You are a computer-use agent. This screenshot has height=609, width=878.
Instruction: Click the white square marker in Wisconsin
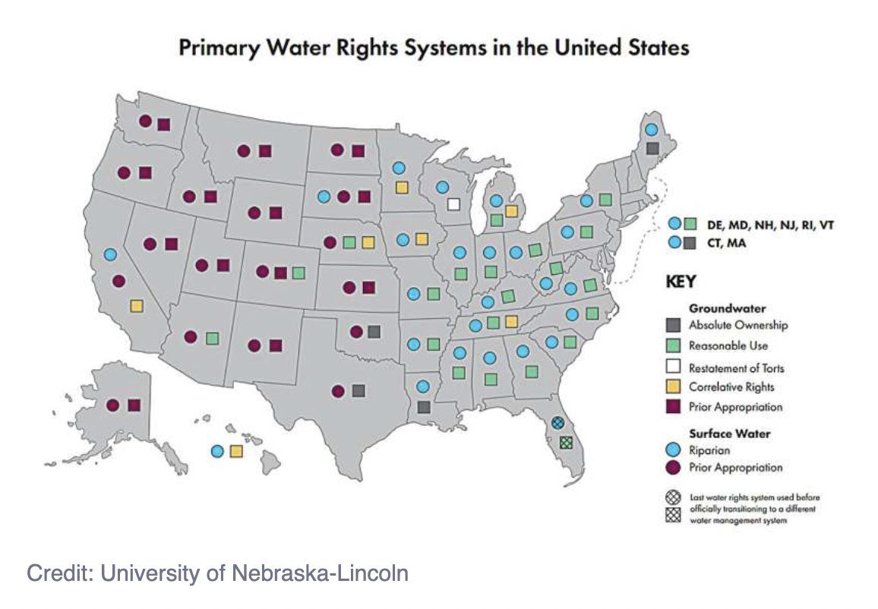453,204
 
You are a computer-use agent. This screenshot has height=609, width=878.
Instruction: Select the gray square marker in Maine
652,149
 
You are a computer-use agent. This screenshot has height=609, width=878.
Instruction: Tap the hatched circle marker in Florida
557,423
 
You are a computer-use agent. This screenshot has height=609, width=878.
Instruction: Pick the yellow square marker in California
137,306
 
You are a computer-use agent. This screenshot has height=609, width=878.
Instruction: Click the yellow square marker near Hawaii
236,451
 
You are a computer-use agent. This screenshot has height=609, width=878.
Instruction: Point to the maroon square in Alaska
134,405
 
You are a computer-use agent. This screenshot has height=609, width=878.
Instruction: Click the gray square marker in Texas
358,391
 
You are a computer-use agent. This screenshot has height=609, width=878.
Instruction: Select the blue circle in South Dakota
323,197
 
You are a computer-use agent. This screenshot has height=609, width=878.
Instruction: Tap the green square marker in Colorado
298,272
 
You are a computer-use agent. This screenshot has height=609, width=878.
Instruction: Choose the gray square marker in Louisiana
424,407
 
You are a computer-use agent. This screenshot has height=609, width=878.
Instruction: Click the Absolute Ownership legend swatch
673,325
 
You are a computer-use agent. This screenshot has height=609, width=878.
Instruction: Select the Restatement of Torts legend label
736,368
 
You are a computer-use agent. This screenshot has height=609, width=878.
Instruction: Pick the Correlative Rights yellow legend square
673,387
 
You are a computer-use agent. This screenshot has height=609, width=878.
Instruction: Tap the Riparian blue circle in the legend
673,450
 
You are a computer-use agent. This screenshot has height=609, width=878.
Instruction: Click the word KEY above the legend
681,281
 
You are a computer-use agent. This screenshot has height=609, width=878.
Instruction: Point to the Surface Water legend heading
729,434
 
